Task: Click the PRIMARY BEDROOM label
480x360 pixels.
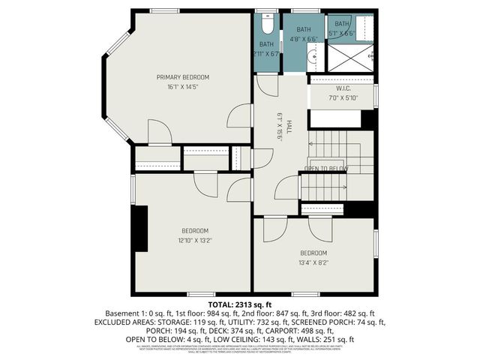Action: tap(182, 77)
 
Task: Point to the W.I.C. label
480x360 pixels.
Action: tap(334, 88)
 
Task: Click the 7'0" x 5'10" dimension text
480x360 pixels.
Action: tap(334, 97)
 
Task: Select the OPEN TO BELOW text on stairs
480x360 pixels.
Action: tap(328, 168)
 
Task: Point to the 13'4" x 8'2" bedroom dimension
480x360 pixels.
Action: tap(313, 262)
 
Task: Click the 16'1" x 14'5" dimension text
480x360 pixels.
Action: tap(182, 87)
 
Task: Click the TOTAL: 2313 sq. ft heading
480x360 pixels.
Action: tap(239, 304)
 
